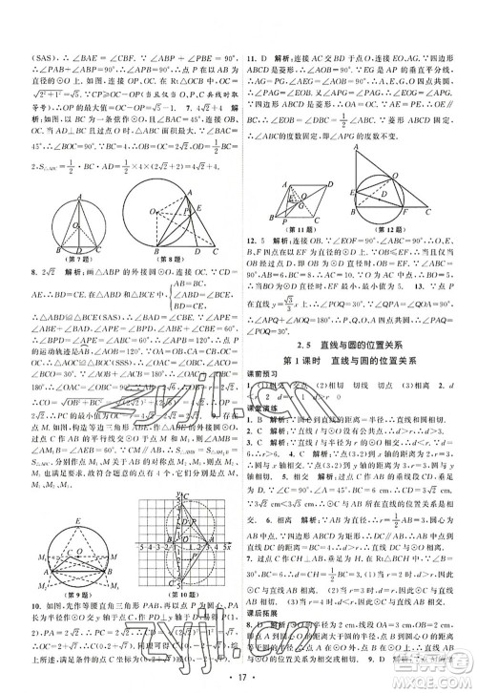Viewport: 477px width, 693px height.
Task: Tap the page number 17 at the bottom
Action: coord(239,681)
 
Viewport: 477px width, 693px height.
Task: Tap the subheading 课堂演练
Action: coord(264,407)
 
